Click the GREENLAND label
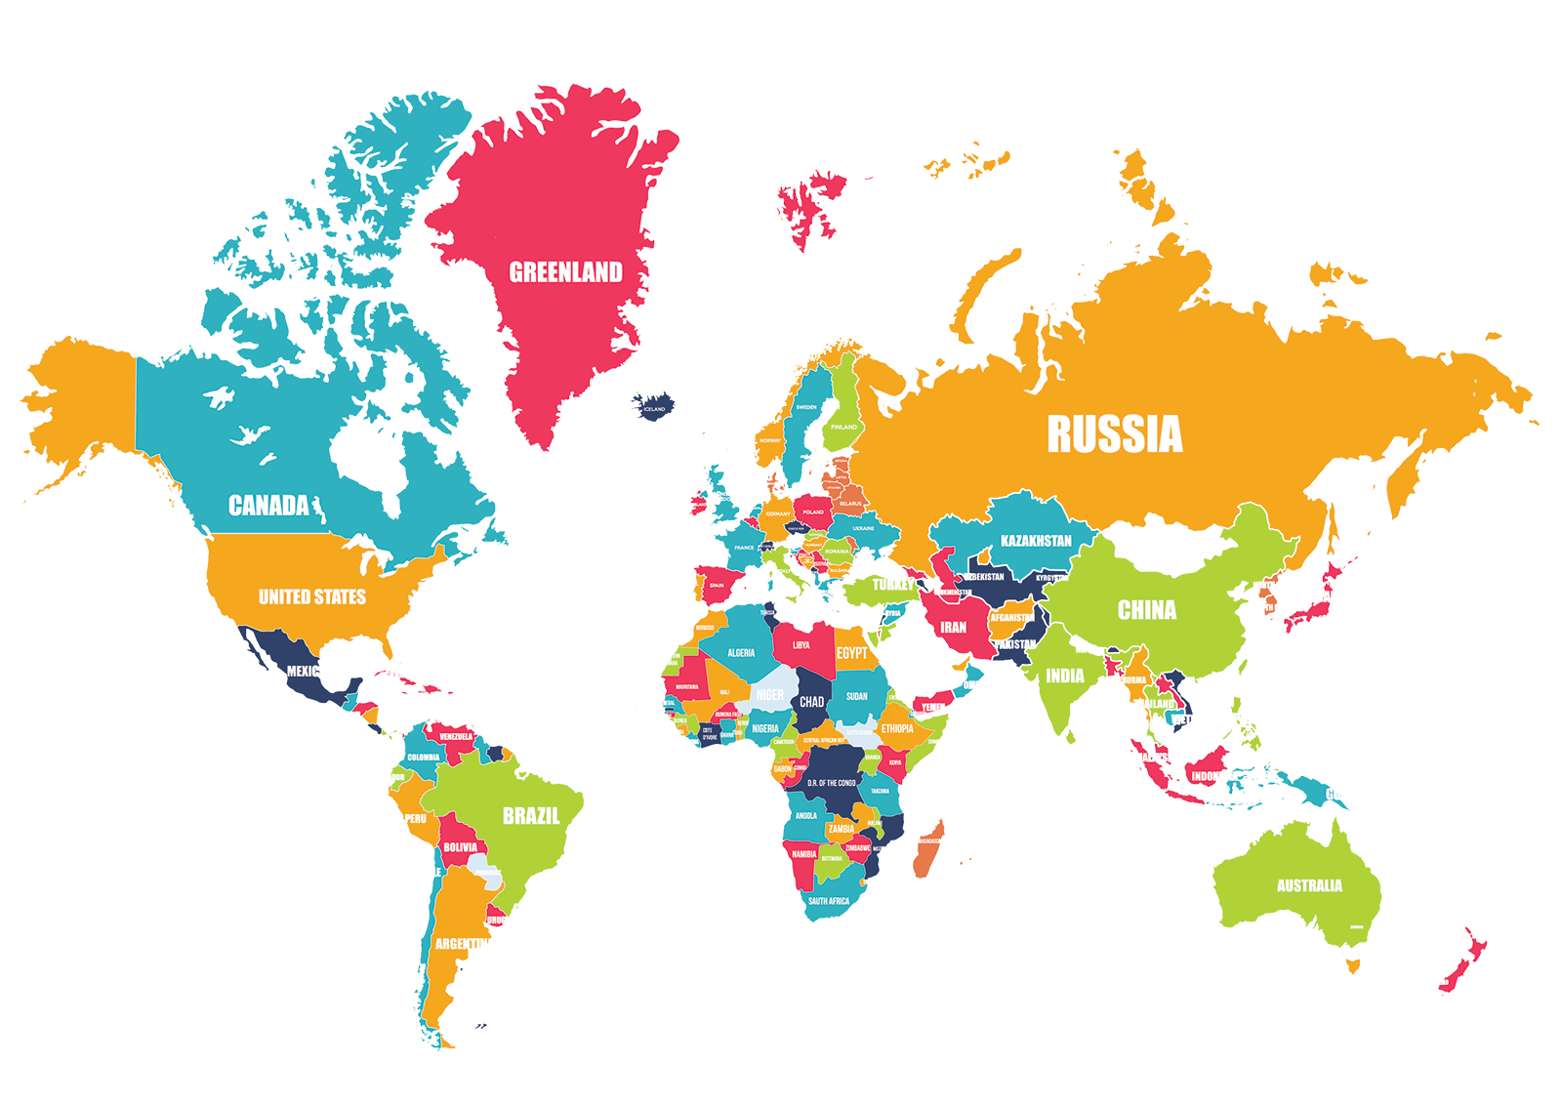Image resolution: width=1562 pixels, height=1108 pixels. pyautogui.click(x=565, y=271)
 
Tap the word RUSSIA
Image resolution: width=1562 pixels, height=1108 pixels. pyautogui.click(x=1114, y=434)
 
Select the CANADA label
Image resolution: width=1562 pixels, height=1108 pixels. pyautogui.click(x=268, y=505)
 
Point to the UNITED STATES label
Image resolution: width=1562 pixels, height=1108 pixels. pyautogui.click(x=311, y=596)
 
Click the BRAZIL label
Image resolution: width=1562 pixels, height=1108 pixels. pyautogui.click(x=531, y=815)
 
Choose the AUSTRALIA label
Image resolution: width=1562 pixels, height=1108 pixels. pyautogui.click(x=1309, y=885)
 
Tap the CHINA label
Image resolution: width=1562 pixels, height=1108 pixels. pyautogui.click(x=1146, y=610)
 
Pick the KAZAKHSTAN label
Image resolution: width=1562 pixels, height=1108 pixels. pyautogui.click(x=1036, y=540)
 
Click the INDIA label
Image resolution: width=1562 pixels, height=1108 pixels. pyautogui.click(x=1064, y=676)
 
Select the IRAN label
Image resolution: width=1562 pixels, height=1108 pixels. pyautogui.click(x=953, y=628)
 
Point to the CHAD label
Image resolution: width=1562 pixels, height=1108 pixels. pyautogui.click(x=811, y=701)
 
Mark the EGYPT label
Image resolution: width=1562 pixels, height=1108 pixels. pyautogui.click(x=851, y=652)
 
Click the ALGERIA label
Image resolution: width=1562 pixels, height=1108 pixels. pyautogui.click(x=741, y=653)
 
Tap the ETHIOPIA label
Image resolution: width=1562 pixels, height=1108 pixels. pyautogui.click(x=897, y=728)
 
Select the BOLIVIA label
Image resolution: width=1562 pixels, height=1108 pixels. pyautogui.click(x=461, y=847)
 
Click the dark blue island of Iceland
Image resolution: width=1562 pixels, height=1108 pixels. pyautogui.click(x=652, y=406)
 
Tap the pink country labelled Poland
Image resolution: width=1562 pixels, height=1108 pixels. pyautogui.click(x=812, y=511)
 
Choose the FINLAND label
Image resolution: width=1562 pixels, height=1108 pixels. pyautogui.click(x=843, y=427)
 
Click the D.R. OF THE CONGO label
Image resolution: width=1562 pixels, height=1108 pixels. pyautogui.click(x=832, y=783)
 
